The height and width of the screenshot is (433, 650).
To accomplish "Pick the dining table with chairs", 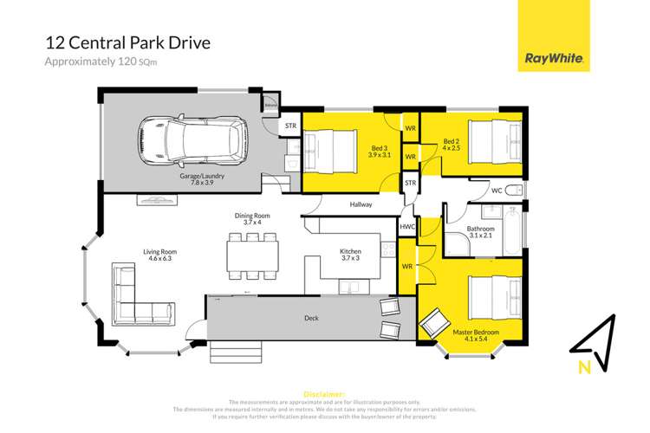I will coord(253,254).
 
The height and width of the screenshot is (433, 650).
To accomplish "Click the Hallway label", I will coord(361,205).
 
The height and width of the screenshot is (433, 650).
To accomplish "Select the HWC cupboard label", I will coord(407,227).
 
